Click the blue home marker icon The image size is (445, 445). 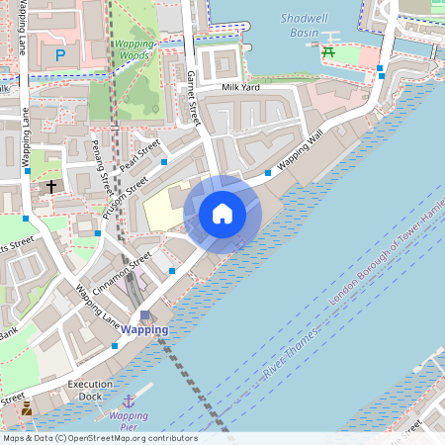coord(222,213)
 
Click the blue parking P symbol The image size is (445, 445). coord(60,55)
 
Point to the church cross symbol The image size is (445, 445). coord(51,186)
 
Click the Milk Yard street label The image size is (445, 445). coord(240,87)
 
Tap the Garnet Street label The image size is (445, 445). coord(195,96)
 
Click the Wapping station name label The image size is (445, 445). coord(144,330)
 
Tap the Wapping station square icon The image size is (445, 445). coord(145,315)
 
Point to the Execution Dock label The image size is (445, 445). coord(91,390)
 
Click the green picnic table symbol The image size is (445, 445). coord(327,51)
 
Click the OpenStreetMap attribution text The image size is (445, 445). coord(100,438)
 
